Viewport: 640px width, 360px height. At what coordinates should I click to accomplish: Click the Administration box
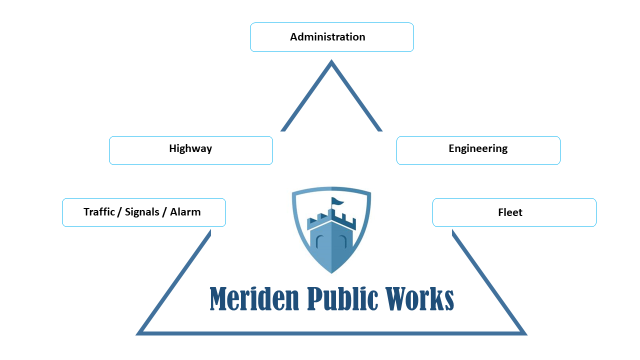(x=331, y=37)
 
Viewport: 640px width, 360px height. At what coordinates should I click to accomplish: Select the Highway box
(x=190, y=150)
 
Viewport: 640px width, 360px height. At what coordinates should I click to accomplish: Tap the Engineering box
(x=478, y=150)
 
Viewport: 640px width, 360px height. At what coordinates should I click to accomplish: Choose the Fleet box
(x=514, y=212)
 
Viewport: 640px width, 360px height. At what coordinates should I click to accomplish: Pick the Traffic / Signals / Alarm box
(x=144, y=212)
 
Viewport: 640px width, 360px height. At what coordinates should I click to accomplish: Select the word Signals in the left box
(x=144, y=212)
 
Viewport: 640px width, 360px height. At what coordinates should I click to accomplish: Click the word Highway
(x=190, y=149)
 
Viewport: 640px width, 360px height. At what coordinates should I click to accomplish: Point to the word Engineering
(x=478, y=149)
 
